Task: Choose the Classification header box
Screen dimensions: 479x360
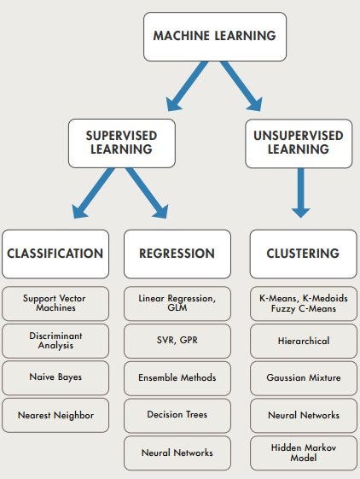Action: pyautogui.click(x=55, y=254)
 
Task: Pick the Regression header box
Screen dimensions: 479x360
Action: pyautogui.click(x=177, y=254)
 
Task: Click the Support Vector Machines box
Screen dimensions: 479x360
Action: pyautogui.click(x=55, y=303)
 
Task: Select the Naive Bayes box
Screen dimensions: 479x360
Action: pyautogui.click(x=55, y=377)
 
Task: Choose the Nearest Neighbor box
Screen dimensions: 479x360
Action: pyautogui.click(x=55, y=415)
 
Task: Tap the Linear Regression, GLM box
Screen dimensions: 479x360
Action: pyautogui.click(x=177, y=303)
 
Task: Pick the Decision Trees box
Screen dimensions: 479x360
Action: pyautogui.click(x=177, y=415)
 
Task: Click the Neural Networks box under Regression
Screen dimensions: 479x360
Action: pyautogui.click(x=177, y=453)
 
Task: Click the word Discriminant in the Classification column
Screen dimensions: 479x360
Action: pyautogui.click(x=55, y=335)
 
